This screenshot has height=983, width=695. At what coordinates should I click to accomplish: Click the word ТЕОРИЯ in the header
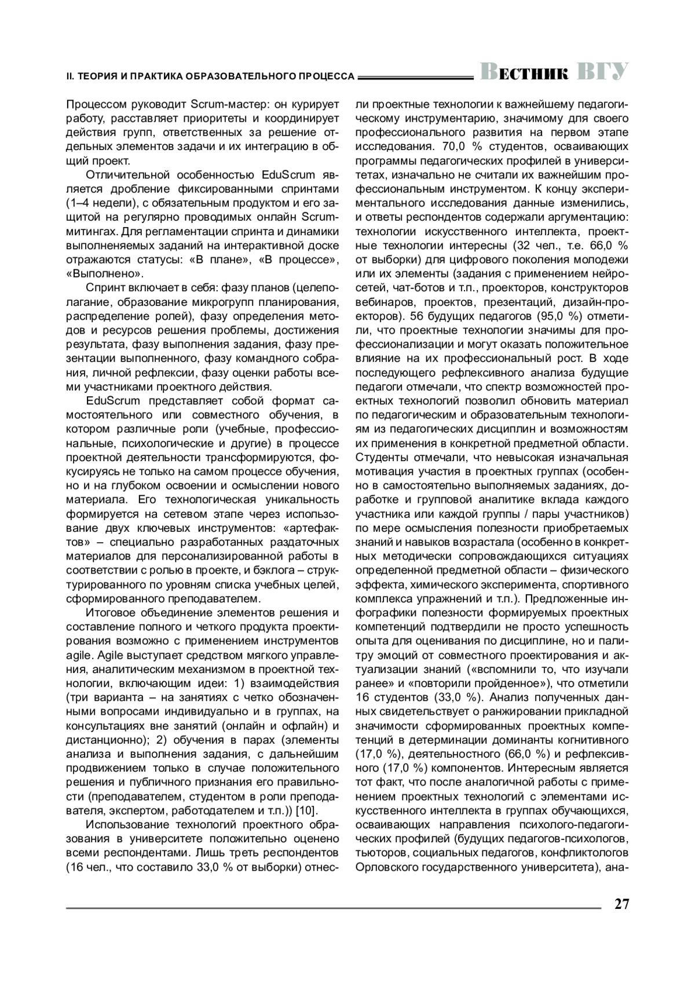click(98, 76)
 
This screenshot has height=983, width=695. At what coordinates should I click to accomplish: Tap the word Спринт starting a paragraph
click(104, 288)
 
